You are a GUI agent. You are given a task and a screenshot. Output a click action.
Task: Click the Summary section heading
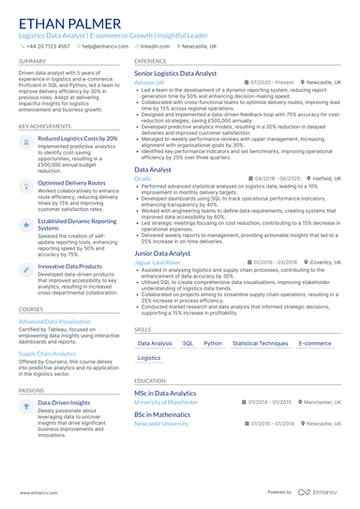[x=32, y=61]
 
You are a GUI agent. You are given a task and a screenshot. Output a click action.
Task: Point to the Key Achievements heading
[x=43, y=126]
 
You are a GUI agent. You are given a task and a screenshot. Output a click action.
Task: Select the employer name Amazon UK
[x=149, y=82]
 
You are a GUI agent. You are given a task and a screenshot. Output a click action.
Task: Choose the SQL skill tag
[x=187, y=343]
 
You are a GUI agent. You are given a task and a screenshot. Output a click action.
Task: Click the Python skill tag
[x=213, y=343]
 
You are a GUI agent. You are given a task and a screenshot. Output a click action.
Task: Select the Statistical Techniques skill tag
[x=260, y=343]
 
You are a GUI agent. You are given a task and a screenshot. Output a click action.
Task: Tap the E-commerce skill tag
[x=315, y=343]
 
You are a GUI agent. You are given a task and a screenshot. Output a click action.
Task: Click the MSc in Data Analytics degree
[x=165, y=394]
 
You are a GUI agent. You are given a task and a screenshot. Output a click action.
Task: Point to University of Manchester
[x=166, y=402]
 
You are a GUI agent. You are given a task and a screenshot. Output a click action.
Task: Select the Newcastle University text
[x=161, y=424]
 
